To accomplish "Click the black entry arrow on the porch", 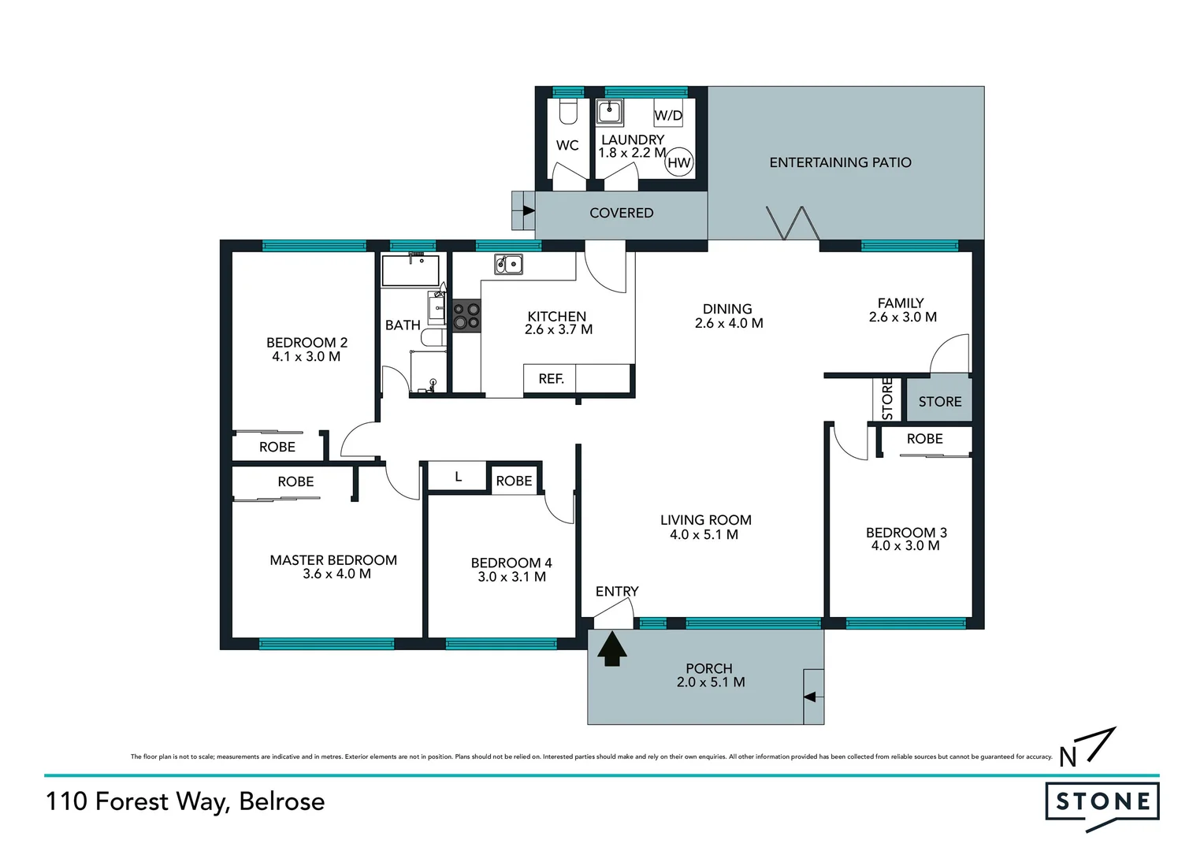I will point(611,650).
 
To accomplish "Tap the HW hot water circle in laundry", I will point(678,163).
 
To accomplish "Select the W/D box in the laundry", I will point(668,115).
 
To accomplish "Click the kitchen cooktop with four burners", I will point(466,316).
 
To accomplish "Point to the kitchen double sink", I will point(508,264).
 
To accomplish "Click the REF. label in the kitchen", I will point(551,379).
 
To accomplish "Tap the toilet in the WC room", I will point(568,111).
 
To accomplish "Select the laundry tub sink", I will point(609,112).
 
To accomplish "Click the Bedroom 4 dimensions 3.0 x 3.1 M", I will point(511,577).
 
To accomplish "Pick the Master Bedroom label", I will point(333,560).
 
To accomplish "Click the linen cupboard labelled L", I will point(458,478).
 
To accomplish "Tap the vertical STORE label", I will point(887,399).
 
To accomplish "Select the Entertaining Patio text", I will point(840,162).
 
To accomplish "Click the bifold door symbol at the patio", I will point(793,223).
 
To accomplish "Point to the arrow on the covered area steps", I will point(528,211).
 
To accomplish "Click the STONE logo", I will point(1102,802).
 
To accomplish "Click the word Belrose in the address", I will point(281,801).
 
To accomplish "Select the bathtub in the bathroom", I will point(411,270).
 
